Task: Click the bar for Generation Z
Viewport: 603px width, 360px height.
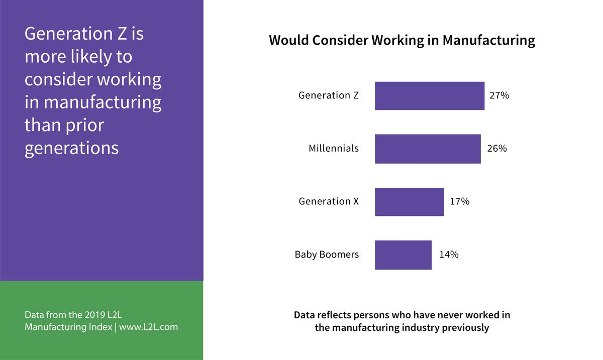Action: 430,96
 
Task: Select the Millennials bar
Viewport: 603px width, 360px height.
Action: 428,149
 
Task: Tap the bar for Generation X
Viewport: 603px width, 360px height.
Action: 409,202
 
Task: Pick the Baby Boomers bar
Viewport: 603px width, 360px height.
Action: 403,255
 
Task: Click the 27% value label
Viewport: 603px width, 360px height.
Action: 499,95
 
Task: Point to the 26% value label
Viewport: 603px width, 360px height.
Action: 496,149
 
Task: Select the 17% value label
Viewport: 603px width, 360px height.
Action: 459,202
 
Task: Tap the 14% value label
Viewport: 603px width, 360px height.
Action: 448,255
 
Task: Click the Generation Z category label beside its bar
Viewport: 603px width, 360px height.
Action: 329,95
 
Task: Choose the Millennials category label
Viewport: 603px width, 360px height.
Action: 334,149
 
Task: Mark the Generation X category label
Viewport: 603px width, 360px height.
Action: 329,202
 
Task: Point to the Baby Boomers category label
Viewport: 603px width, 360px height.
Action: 327,255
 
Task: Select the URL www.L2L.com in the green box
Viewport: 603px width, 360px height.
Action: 148,327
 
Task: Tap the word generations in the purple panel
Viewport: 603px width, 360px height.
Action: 71,148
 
